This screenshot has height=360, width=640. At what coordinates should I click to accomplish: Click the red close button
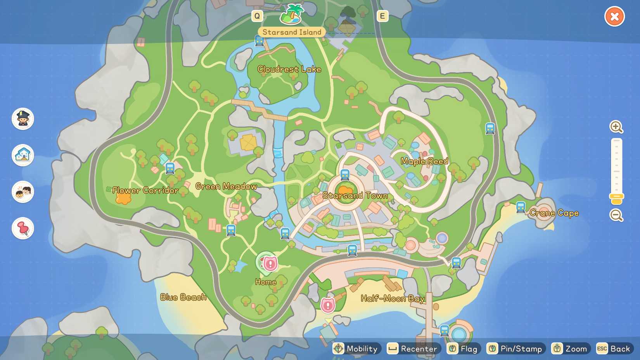(x=614, y=17)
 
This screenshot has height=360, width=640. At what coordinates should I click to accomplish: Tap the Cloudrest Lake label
(x=289, y=69)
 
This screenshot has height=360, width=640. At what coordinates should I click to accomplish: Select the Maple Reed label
(x=424, y=161)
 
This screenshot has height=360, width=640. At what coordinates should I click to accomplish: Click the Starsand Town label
(x=355, y=196)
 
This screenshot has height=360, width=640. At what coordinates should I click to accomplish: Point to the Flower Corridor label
(x=145, y=190)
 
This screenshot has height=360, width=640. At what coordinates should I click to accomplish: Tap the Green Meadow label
(x=226, y=187)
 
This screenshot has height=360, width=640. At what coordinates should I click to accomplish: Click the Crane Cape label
(x=554, y=213)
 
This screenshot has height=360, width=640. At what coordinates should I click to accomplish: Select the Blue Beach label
(x=183, y=298)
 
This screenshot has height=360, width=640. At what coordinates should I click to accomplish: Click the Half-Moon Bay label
(x=393, y=298)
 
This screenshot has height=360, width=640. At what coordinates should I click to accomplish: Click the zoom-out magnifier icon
(x=616, y=215)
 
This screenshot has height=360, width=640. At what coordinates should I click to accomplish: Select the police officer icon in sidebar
(x=23, y=119)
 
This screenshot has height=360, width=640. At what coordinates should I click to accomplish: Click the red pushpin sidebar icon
(x=23, y=228)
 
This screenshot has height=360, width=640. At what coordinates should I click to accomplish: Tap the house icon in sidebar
(x=23, y=155)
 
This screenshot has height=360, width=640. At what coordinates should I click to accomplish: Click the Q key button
(x=257, y=16)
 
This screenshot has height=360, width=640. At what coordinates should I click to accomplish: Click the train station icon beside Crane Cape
(x=521, y=207)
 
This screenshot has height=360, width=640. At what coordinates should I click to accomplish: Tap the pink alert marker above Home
(x=270, y=264)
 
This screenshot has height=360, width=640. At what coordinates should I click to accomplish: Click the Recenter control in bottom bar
(x=413, y=349)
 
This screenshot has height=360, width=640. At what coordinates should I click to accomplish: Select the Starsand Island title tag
(x=292, y=32)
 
